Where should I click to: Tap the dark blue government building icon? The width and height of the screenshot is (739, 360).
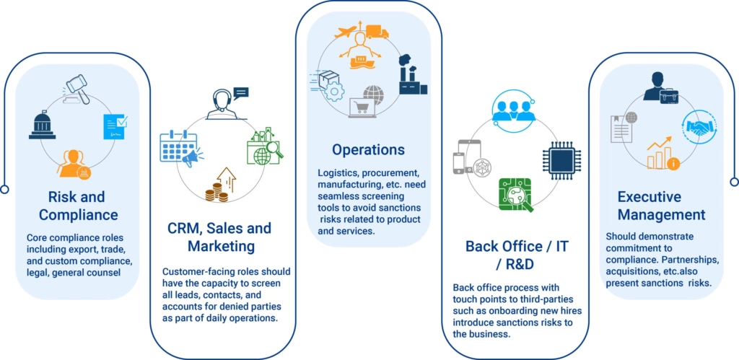[x=43, y=124]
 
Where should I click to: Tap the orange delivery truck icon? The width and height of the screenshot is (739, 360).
[x=377, y=31]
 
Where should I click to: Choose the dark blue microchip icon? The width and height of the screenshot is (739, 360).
[x=561, y=158]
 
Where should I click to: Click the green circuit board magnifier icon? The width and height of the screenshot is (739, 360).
[x=515, y=194]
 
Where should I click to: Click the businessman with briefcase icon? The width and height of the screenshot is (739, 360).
[x=661, y=88]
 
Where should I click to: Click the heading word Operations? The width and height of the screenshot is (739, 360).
[x=369, y=150]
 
